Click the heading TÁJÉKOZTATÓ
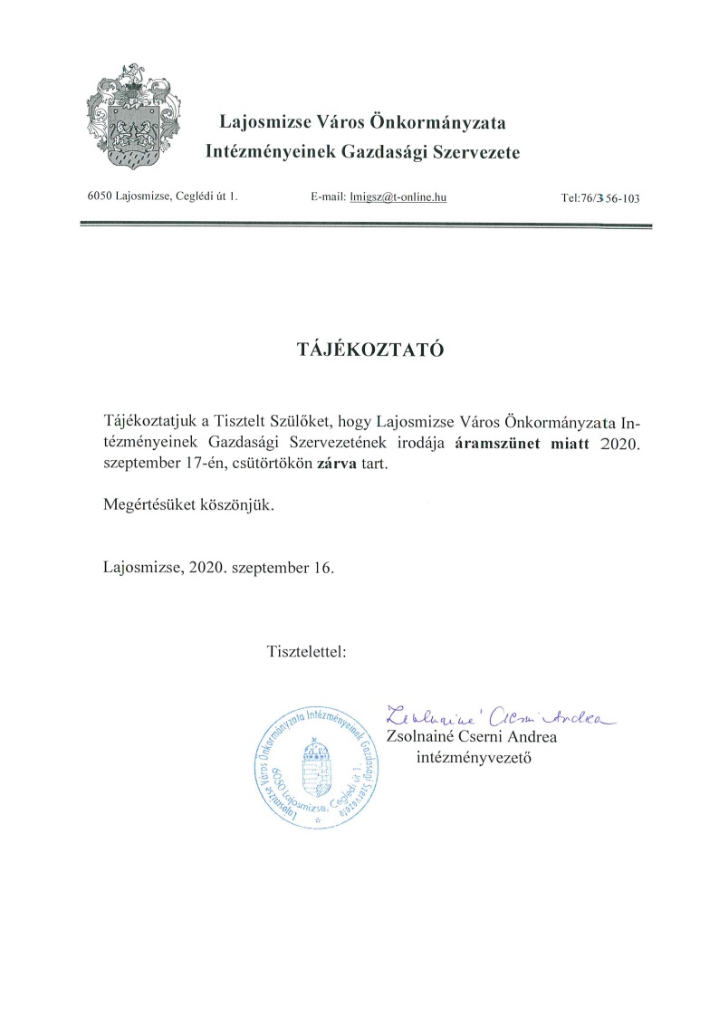coord(359,350)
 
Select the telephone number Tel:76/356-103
coord(600,197)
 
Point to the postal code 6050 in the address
coord(100,196)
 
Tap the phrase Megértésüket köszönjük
coord(188,505)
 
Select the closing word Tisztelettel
coord(305,651)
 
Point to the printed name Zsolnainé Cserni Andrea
coord(471,737)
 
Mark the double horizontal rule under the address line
coord(366,223)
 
